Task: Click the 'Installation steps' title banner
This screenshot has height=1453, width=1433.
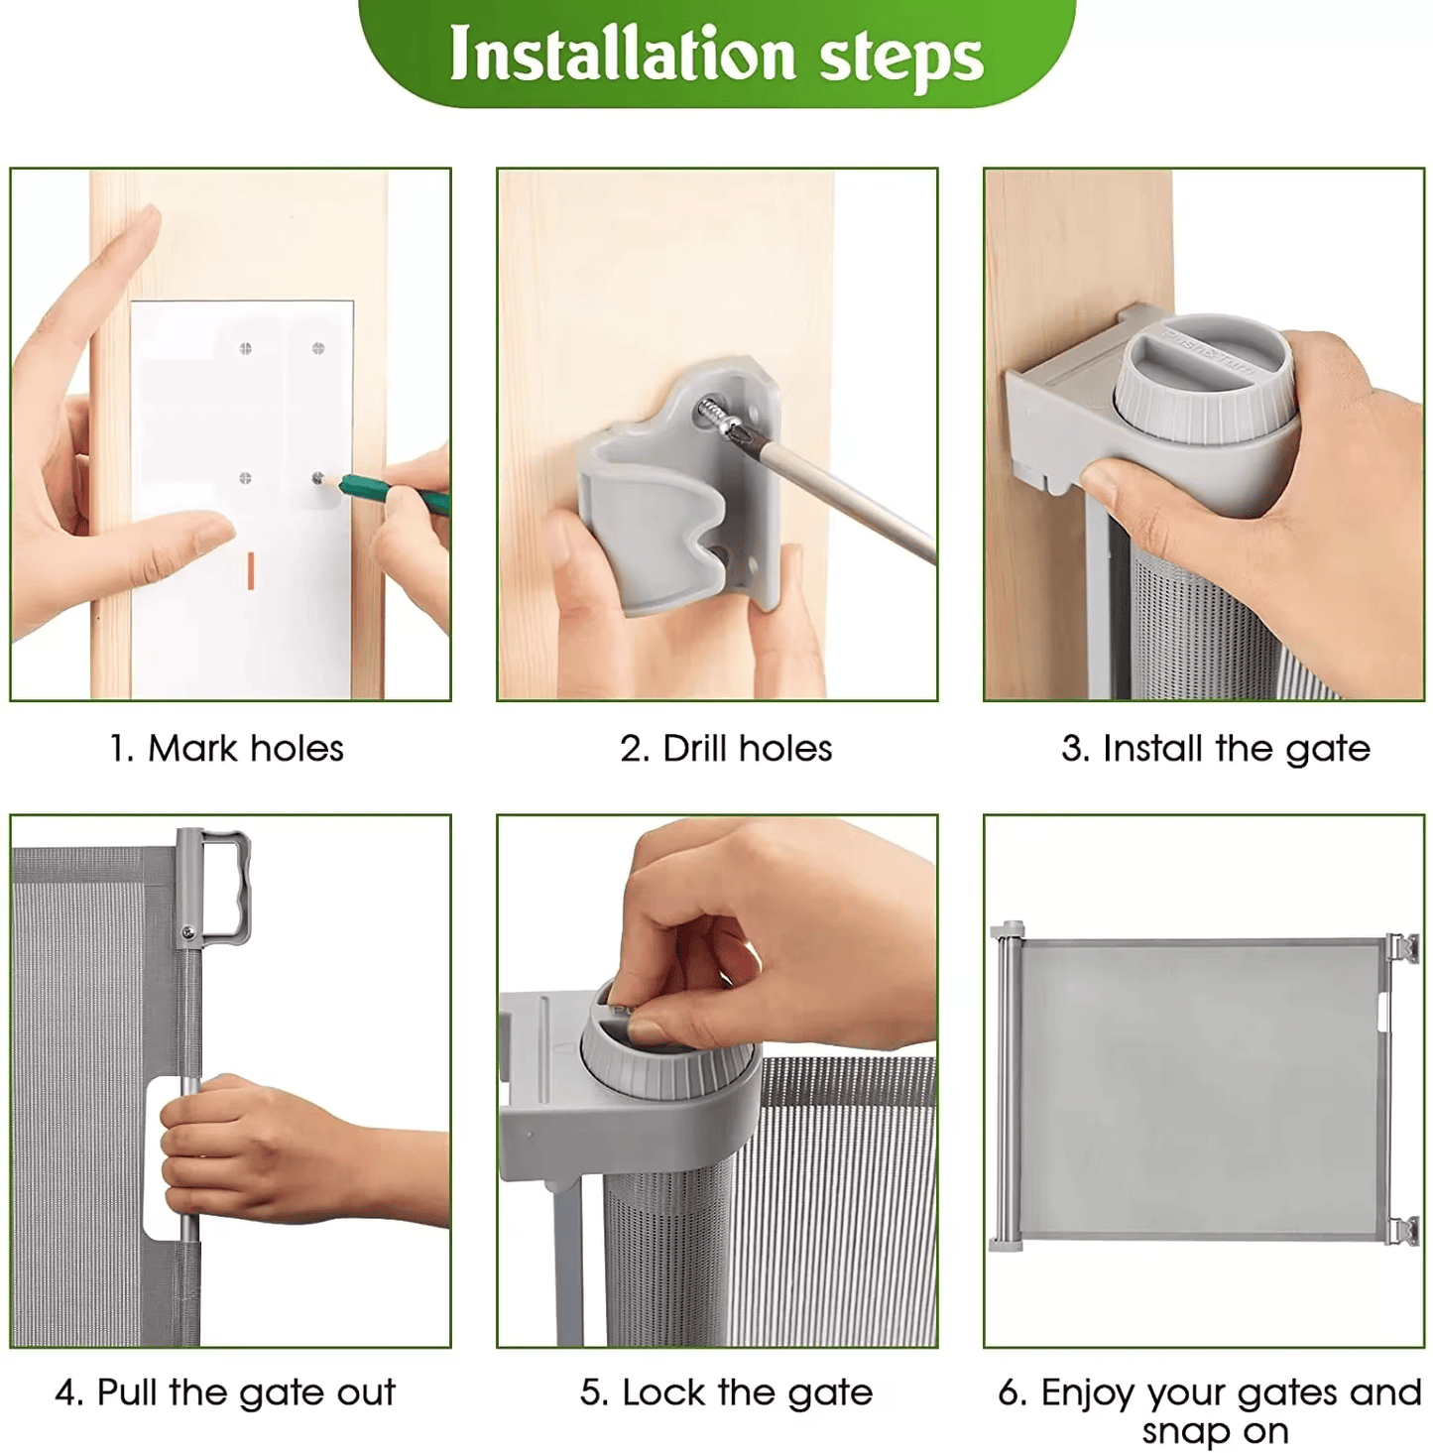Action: [716, 55]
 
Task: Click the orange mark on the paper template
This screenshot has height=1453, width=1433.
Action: [250, 570]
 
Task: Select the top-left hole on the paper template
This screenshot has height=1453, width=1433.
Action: [245, 348]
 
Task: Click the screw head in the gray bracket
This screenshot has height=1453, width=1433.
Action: [713, 411]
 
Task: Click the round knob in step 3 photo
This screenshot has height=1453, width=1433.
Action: [1204, 377]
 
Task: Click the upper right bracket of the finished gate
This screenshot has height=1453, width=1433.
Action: [1402, 947]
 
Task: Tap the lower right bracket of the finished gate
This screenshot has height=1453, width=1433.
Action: [1402, 1230]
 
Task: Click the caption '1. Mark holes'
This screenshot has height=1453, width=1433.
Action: [226, 749]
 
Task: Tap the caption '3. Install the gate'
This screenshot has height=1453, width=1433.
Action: [1215, 749]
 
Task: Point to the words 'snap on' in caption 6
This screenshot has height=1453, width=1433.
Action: [1215, 1431]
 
